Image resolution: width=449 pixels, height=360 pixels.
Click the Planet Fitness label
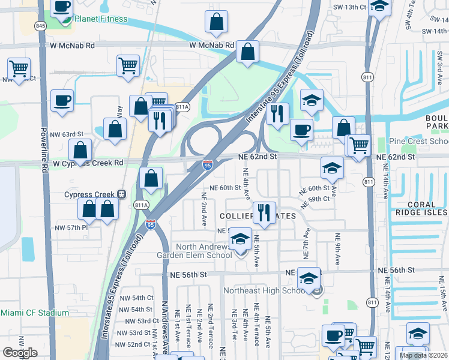[x=101, y=19]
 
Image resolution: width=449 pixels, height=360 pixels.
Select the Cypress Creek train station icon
[x=121, y=194]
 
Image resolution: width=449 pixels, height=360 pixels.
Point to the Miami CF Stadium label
[x=35, y=313]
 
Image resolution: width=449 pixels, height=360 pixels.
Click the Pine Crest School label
[x=418, y=142]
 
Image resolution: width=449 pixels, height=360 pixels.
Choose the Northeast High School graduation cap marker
[x=309, y=278]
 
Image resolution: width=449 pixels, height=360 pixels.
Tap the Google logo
[x=20, y=352]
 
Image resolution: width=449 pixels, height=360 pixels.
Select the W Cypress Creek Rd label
[x=88, y=163]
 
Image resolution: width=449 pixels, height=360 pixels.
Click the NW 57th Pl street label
[x=71, y=228]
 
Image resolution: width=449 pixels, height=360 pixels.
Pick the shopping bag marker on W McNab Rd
[x=247, y=52]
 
